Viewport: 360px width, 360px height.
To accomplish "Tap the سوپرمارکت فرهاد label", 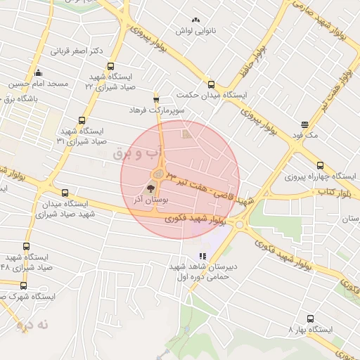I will tap(156, 110).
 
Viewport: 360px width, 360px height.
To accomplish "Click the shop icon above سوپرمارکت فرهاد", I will tap(156, 99).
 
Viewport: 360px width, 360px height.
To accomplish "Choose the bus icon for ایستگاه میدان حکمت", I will tap(211, 84).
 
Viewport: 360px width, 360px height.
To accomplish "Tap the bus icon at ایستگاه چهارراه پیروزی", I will tap(321, 165).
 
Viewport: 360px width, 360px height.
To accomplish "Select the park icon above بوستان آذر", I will tap(150, 188).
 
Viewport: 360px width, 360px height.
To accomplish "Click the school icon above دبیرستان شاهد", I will tap(203, 256).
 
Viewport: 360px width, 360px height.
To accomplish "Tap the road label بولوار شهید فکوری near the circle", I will tap(199, 220).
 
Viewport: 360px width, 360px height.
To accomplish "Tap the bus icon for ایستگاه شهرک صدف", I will tap(25, 285).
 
